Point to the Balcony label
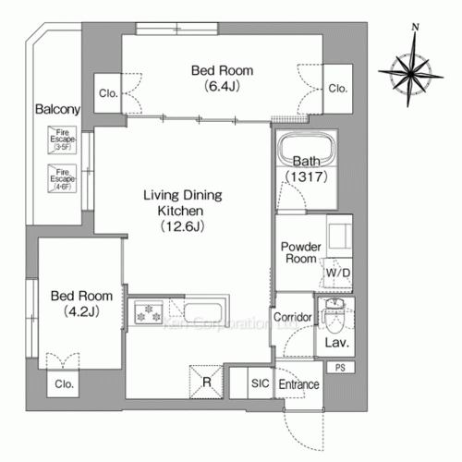57,109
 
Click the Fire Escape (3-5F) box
62,140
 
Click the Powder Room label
299,253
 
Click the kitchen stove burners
148,314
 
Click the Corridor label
293,317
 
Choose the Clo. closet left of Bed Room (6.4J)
107,92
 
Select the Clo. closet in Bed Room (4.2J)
64,383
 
